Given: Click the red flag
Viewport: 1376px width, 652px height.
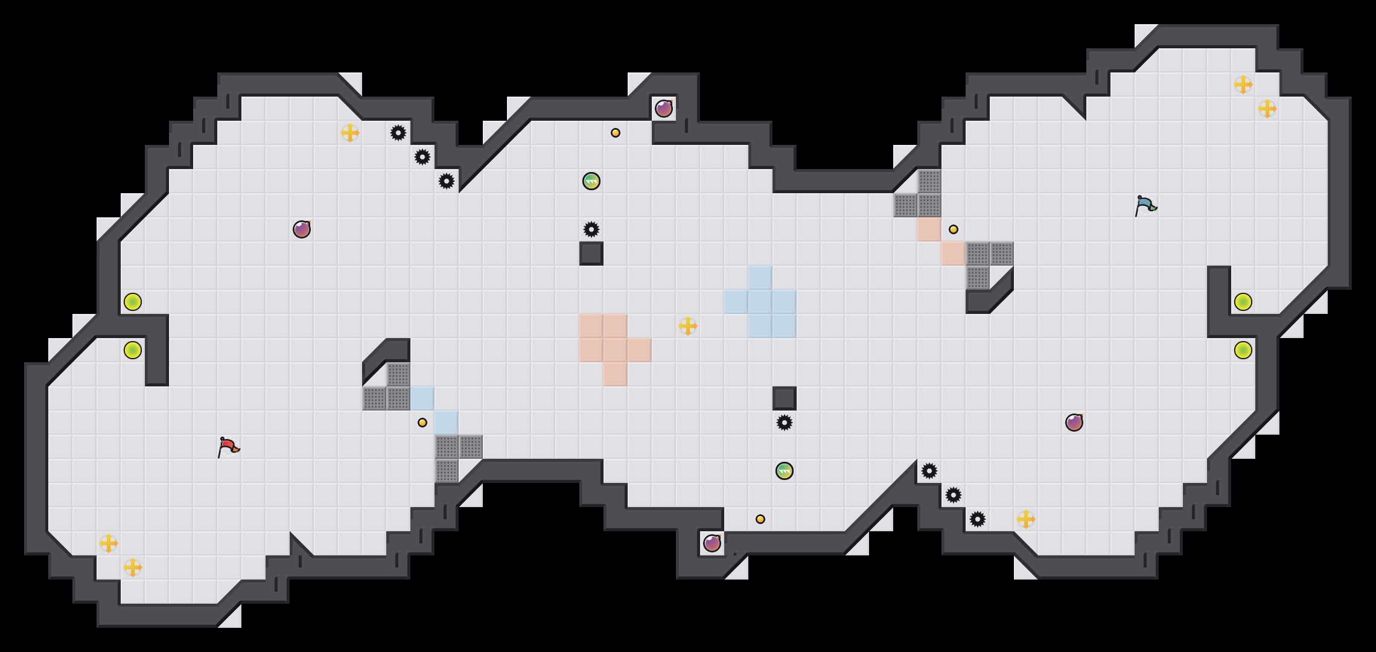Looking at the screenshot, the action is point(228,447).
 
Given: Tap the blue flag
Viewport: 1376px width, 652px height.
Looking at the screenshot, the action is point(1145,205).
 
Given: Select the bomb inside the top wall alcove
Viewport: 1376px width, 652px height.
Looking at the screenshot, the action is point(664,109).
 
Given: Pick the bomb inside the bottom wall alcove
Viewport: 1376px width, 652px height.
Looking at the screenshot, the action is point(712,543).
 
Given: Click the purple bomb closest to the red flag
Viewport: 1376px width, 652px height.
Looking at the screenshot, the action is point(302,229).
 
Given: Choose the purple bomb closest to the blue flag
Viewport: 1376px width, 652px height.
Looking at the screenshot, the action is point(1074,423).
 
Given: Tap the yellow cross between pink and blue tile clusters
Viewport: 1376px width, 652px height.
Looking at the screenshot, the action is point(688,326).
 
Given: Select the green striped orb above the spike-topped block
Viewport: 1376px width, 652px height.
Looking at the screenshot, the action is point(591,181).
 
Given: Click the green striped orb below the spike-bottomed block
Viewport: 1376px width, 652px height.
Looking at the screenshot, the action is point(785,471).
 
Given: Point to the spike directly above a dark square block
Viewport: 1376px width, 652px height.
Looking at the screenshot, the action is point(591,229).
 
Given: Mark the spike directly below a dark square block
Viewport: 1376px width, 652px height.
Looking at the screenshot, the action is point(785,423).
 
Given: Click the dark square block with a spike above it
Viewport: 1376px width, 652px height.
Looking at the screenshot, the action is point(591,254).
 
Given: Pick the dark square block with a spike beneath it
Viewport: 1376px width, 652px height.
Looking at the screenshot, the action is point(785,398).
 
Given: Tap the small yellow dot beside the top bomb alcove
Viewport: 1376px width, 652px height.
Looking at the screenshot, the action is point(616,133).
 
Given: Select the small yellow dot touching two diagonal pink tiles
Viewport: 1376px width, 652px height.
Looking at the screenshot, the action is point(954,229).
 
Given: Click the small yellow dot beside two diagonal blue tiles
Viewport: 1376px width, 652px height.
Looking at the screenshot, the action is point(422,423).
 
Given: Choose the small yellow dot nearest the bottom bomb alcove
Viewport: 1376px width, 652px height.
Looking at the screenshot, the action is point(760,519).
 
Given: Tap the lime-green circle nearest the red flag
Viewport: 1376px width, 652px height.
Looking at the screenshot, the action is point(133,350).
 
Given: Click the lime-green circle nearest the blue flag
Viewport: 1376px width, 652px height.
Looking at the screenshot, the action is point(1243,302).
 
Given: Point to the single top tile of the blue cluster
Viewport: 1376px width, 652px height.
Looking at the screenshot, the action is point(760,278).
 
